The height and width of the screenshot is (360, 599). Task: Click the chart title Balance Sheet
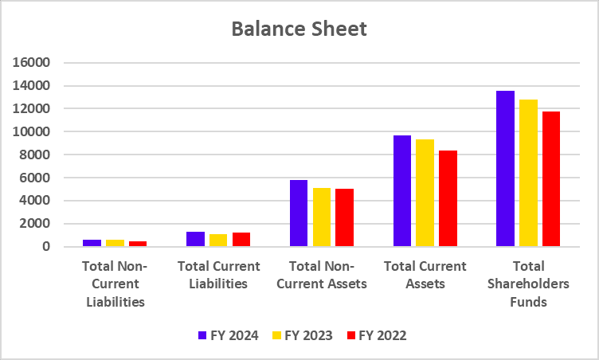click(x=299, y=29)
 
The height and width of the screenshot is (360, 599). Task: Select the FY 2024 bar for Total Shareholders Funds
click(x=505, y=169)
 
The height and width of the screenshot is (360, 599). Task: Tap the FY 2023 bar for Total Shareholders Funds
click(x=528, y=173)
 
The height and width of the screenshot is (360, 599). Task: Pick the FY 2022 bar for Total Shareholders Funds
click(x=551, y=179)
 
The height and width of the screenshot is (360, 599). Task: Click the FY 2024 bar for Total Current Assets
click(x=402, y=191)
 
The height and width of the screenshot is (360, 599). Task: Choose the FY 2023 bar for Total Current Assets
click(x=425, y=193)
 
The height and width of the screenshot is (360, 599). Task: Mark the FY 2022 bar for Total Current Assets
click(x=448, y=198)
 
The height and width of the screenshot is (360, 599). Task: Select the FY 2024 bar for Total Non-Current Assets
click(x=299, y=213)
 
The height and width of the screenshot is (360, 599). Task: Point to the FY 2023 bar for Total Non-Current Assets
click(x=322, y=217)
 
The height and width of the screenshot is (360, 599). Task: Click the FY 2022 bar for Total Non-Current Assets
click(x=344, y=217)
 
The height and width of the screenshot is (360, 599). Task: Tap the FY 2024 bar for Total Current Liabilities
click(x=195, y=239)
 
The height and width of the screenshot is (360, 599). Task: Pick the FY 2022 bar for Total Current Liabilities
click(x=241, y=239)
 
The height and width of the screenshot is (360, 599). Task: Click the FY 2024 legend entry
click(x=228, y=335)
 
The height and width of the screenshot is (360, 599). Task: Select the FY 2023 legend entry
click(x=302, y=335)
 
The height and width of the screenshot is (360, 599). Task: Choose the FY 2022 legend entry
click(x=376, y=335)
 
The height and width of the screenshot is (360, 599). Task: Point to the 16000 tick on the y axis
click(x=33, y=62)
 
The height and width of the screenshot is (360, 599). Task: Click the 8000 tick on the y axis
click(x=36, y=155)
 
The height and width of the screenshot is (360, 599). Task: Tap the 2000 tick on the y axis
click(x=36, y=224)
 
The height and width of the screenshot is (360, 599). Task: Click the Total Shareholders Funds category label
click(x=528, y=284)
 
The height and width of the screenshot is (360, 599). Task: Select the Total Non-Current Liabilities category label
click(x=115, y=284)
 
